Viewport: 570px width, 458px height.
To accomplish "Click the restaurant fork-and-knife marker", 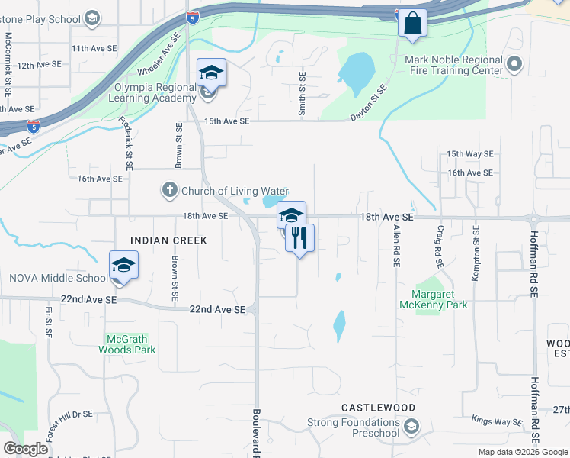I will coord(299,238).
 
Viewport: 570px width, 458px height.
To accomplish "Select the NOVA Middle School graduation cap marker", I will coord(123,266).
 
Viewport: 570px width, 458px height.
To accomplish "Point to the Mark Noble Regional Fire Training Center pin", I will coord(514,66).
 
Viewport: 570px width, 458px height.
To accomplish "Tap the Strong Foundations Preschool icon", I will coord(411,426).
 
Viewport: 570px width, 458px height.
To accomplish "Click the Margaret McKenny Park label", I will coord(439,298).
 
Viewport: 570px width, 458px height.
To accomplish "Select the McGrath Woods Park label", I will coord(127,344).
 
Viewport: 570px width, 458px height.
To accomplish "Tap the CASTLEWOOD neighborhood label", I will coord(372,408).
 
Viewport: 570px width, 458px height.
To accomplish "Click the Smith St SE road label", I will coord(302,95).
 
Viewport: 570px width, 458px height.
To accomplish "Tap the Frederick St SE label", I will coord(127,143).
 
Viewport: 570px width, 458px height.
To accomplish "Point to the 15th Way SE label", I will coord(470,154).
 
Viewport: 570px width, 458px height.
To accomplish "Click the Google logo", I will coord(26,449).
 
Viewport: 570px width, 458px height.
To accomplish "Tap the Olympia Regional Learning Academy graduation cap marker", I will coord(211,73).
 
